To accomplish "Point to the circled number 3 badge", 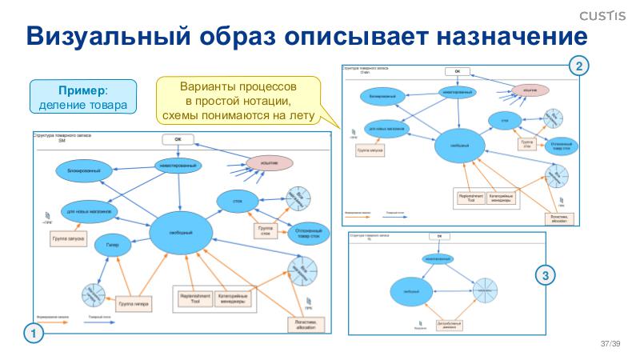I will click(545, 276).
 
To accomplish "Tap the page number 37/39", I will click(610, 344).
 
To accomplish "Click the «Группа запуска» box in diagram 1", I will click(70, 238).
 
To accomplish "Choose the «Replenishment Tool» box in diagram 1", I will click(194, 298).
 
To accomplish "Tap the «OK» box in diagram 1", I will click(178, 138).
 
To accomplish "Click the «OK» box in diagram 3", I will click(438, 237).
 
